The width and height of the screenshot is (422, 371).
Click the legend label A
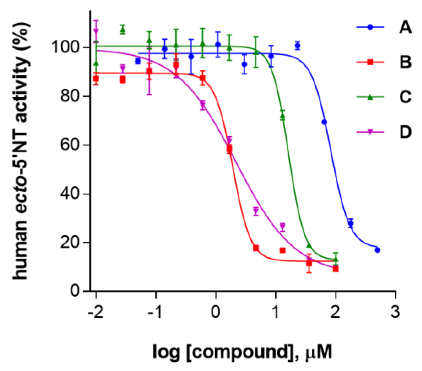tap(405, 27)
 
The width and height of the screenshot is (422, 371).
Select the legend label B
tap(405, 62)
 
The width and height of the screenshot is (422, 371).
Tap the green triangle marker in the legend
tap(370, 97)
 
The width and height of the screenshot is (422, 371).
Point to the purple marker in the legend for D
tap(370, 132)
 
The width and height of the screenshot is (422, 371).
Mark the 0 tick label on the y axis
tap(75, 291)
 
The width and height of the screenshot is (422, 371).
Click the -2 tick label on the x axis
tap(96, 312)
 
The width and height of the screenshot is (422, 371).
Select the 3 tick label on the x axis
tap(395, 312)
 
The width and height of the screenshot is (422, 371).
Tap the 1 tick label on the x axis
tap(275, 312)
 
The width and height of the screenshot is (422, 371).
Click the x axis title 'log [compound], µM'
tap(242, 352)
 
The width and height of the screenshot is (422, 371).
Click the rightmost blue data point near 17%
tap(378, 250)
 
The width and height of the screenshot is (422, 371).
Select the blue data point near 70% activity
tap(324, 122)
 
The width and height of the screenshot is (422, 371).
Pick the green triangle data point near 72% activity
tap(282, 116)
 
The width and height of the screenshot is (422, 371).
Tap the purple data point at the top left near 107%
tap(96, 30)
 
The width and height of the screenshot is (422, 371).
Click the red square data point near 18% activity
tap(255, 248)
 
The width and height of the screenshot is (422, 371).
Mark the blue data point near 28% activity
tap(351, 223)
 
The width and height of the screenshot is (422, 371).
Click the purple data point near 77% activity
tap(203, 105)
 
